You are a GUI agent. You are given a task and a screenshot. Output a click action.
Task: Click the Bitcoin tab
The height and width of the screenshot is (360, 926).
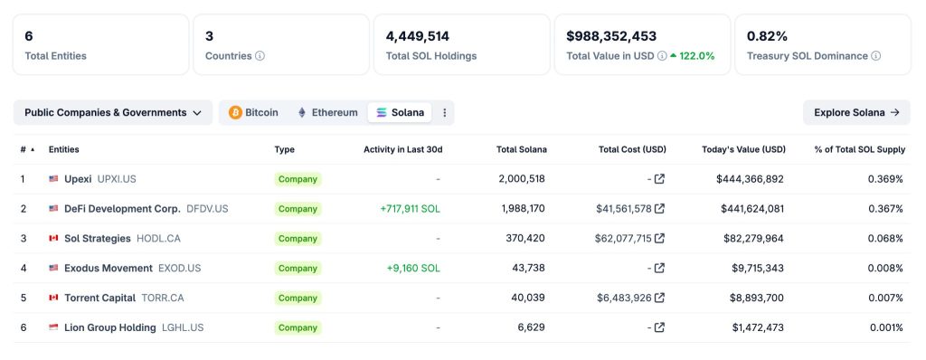[253, 112]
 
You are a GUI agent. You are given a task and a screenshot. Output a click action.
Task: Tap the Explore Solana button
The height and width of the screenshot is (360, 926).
[855, 112]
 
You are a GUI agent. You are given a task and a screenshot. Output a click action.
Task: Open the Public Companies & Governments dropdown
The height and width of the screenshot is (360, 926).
[112, 112]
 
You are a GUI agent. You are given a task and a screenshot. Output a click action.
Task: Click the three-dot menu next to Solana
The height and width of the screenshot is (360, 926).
[444, 112]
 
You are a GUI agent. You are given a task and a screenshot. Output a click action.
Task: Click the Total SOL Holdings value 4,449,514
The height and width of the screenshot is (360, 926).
[418, 36]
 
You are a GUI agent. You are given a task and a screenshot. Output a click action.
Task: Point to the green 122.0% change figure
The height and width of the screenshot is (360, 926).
[696, 56]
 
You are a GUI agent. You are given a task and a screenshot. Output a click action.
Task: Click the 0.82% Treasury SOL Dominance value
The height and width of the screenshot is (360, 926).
[767, 36]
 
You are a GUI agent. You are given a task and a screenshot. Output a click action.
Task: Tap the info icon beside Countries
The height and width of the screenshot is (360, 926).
[260, 56]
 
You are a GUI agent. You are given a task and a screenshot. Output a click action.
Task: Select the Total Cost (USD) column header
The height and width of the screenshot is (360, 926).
[632, 149]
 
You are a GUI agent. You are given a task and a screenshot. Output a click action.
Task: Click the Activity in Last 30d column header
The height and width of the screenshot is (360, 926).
[402, 149]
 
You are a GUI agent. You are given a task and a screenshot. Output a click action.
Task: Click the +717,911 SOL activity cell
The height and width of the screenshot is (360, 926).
[410, 209]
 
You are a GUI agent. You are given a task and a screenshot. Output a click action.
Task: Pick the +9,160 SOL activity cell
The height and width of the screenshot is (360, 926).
[413, 269]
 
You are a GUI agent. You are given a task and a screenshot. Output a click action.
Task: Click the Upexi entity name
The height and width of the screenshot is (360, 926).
[78, 179]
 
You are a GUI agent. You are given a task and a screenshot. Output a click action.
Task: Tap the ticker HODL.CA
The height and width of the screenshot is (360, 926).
[159, 239]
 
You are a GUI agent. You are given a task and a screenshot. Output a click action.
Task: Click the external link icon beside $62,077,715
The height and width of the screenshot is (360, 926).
[659, 239]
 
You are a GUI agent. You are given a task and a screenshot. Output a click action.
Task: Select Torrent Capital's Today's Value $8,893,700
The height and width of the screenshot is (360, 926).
[757, 298]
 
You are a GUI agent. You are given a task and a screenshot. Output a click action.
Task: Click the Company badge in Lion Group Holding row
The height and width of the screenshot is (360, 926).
[298, 328]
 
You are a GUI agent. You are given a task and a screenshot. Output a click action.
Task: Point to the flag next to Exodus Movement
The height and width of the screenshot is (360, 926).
[53, 269]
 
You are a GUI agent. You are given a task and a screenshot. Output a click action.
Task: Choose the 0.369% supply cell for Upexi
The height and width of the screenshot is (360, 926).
[884, 179]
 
